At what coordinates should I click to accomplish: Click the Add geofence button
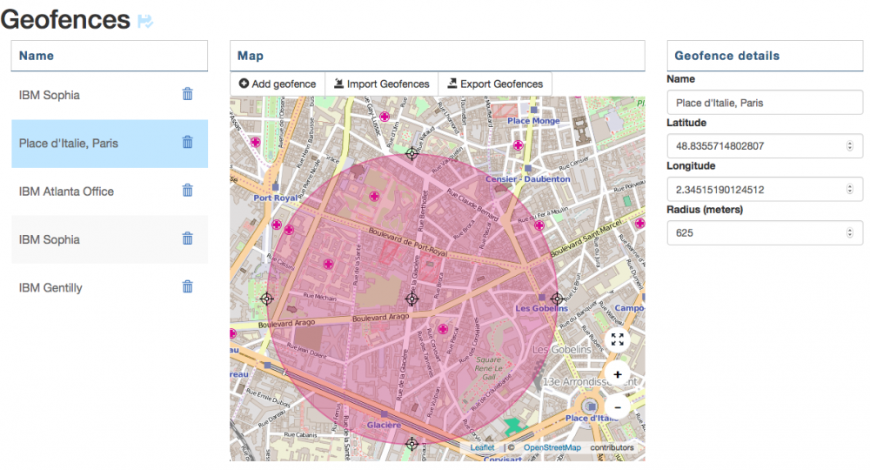[x=277, y=84]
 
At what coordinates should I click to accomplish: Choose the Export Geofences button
[x=495, y=84]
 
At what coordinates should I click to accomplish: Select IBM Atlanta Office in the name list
[x=66, y=191]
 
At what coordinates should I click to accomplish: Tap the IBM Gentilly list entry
[x=50, y=287]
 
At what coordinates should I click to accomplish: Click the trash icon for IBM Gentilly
[x=187, y=286]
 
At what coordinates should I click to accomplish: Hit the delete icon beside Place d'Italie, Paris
[x=187, y=142]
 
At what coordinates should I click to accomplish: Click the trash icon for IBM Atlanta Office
[x=187, y=190]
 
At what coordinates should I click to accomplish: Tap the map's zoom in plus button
[x=618, y=374]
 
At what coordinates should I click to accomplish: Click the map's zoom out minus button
[x=618, y=406]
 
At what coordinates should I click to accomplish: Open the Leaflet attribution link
[x=482, y=447]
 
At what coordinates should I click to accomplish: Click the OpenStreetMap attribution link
[x=552, y=447]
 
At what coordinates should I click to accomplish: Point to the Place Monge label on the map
[x=534, y=121]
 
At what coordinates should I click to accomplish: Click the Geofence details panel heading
[x=726, y=56]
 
